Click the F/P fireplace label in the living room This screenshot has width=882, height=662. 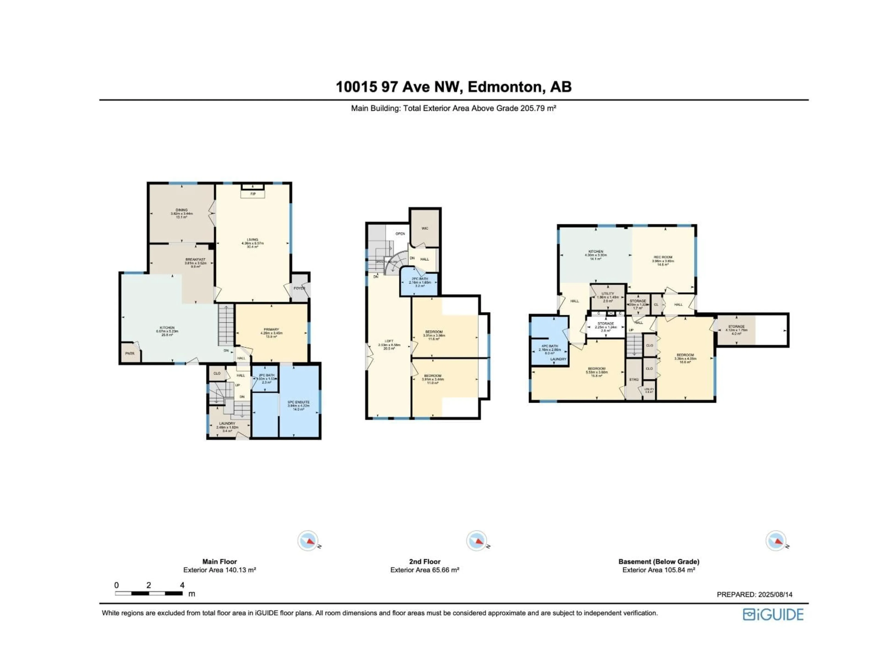(x=253, y=194)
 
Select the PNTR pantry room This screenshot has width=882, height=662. (x=130, y=354)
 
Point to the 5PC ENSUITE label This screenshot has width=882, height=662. (x=299, y=402)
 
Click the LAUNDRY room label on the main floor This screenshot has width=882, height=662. (x=227, y=423)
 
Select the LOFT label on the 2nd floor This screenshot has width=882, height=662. (x=389, y=341)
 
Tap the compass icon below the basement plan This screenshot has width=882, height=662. (x=776, y=541)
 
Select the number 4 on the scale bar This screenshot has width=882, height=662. (x=182, y=585)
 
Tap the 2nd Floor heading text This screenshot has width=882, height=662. (x=425, y=562)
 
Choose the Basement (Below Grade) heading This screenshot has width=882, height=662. (x=659, y=562)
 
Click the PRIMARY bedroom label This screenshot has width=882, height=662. (x=271, y=330)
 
